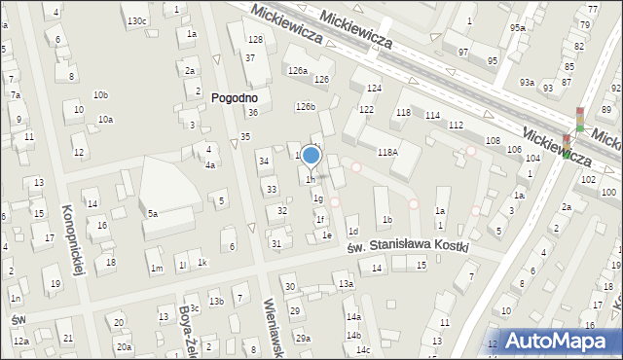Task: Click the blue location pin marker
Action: pyautogui.click(x=311, y=156)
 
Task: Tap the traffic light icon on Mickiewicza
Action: pyautogui.click(x=580, y=120)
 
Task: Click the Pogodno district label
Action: pyautogui.click(x=233, y=97)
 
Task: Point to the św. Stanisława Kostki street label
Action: pyautogui.click(x=407, y=247)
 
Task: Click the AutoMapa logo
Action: pyautogui.click(x=561, y=340)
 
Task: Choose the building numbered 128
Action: pyautogui.click(x=255, y=39)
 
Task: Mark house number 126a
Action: pyautogui.click(x=296, y=71)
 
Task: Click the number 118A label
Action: pyautogui.click(x=387, y=152)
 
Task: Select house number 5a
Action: pyautogui.click(x=153, y=213)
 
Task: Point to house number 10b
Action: pyautogui.click(x=100, y=94)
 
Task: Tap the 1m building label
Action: pyautogui.click(x=156, y=268)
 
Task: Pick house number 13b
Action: pyautogui.click(x=216, y=301)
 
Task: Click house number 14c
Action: pyautogui.click(x=362, y=349)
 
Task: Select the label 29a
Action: pyautogui.click(x=304, y=338)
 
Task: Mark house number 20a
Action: pyautogui.click(x=124, y=346)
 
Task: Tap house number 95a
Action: pyautogui.click(x=517, y=27)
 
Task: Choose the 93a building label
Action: pyautogui.click(x=527, y=82)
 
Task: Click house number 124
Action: pyautogui.click(x=374, y=89)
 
